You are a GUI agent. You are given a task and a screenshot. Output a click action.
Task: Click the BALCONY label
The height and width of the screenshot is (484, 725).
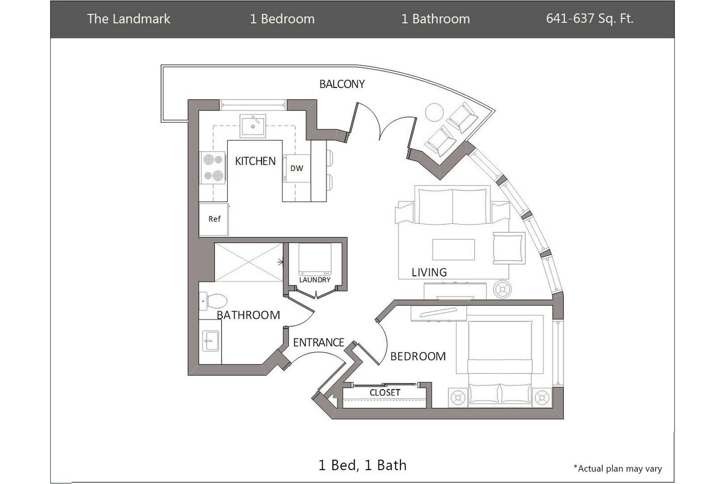[x=341, y=84]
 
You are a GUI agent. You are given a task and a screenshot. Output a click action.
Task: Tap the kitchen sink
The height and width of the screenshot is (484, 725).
[x=253, y=126]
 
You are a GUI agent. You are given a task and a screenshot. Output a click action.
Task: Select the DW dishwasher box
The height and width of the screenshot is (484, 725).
[x=297, y=169]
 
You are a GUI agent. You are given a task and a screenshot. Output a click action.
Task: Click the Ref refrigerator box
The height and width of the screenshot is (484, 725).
[x=214, y=219]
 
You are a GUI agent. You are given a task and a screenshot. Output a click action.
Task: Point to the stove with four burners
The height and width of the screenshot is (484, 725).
[x=213, y=168]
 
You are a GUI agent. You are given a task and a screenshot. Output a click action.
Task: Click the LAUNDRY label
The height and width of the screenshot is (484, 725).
[x=315, y=280]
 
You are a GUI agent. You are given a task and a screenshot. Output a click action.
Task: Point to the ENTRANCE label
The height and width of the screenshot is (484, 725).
[x=318, y=343]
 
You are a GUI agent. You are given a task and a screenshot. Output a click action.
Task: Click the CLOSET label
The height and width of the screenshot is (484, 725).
[x=384, y=393]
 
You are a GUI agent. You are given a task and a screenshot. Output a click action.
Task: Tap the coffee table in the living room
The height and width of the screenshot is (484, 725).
[x=453, y=250]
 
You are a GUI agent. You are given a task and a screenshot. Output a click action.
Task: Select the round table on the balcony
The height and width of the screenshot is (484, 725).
[x=434, y=112]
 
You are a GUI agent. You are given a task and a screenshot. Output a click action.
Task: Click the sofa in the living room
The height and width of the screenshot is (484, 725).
[x=452, y=207]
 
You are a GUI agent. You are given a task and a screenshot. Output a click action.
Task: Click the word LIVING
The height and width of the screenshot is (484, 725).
[x=429, y=272]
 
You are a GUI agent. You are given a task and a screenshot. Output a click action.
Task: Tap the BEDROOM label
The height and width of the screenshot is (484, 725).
[x=418, y=356]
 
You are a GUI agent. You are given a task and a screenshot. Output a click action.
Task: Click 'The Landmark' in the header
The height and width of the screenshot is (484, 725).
[x=128, y=19]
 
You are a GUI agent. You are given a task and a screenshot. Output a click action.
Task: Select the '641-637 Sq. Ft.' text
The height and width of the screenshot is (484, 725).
[x=589, y=19]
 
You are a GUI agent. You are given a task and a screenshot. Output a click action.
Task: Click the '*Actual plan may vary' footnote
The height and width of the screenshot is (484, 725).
[x=618, y=469]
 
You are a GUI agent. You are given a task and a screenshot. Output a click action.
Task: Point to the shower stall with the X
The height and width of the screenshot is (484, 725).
[x=248, y=262]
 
